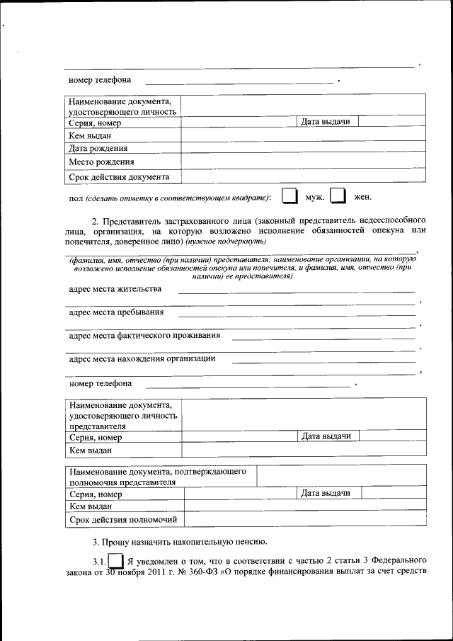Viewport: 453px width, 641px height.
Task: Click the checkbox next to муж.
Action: (x=289, y=196)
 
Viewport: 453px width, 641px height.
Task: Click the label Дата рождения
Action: (x=98, y=148)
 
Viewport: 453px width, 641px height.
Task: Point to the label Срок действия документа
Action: (x=119, y=176)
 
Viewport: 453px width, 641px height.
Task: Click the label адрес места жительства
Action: (x=115, y=289)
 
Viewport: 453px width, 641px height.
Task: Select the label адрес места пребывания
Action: (x=117, y=312)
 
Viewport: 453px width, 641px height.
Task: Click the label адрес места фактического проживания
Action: (x=144, y=335)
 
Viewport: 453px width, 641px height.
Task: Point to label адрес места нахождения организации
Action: (x=142, y=358)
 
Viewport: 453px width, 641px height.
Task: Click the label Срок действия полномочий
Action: (x=122, y=521)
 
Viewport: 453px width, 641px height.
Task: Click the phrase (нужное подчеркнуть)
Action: (x=226, y=242)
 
